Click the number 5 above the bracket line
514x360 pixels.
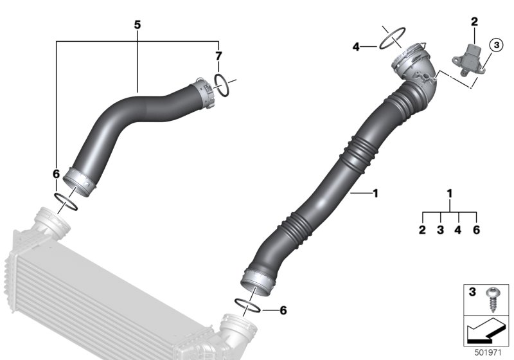coord(137,24)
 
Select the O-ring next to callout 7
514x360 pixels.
coord(221,84)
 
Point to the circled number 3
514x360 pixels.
coord(495,46)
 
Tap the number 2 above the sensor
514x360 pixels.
coord(474,22)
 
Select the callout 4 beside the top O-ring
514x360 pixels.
coord(355,46)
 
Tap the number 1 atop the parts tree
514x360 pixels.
coord(450,193)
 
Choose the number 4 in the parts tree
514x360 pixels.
coord(458,230)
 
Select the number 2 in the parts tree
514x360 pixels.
coord(423,230)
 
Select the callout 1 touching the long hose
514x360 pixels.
coord(376,192)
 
